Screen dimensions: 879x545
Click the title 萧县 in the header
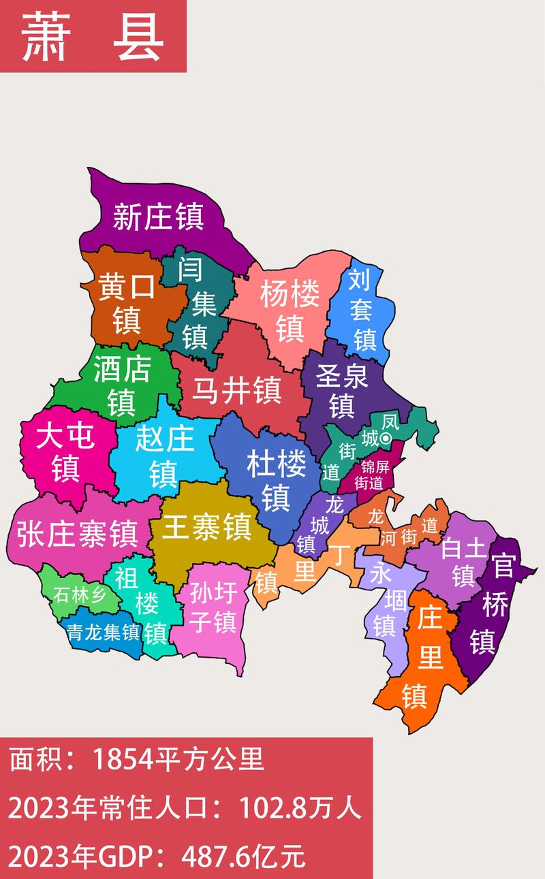coord(93,37)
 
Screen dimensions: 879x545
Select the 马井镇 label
coord(236,391)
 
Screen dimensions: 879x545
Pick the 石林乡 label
coord(80,595)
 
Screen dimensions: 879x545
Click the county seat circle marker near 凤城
coord(386,438)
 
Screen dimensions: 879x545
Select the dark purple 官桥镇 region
coord(490,613)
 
